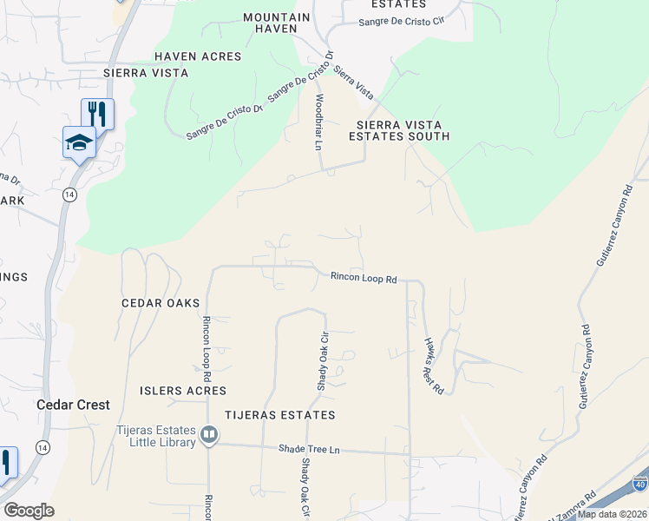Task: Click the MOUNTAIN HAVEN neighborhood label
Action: [277, 23]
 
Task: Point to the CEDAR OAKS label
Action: [161, 303]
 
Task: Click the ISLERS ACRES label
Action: [183, 391]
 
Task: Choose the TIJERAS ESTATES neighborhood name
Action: [279, 416]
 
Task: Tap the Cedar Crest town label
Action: [73, 405]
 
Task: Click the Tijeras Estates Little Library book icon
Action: [209, 434]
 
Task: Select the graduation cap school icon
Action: [79, 142]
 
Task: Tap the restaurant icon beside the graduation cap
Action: [97, 113]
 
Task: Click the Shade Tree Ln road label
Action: [308, 449]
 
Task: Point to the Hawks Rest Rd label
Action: [433, 366]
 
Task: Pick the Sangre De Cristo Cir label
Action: [401, 20]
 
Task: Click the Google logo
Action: [29, 511]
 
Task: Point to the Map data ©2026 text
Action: [613, 514]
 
